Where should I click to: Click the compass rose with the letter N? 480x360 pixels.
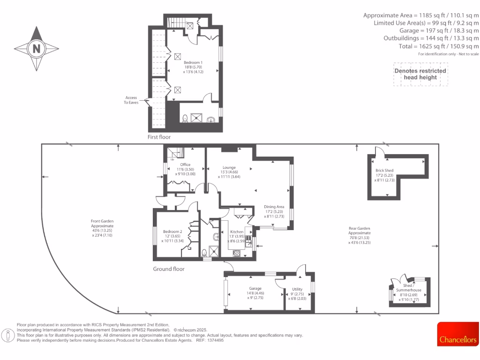[37, 48]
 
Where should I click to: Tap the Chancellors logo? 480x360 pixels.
[458, 334]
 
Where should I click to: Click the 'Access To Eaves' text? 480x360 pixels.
[131, 100]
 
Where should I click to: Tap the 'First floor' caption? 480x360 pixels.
[159, 137]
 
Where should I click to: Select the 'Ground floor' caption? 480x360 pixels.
[169, 269]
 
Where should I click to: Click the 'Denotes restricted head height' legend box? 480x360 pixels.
[420, 74]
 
